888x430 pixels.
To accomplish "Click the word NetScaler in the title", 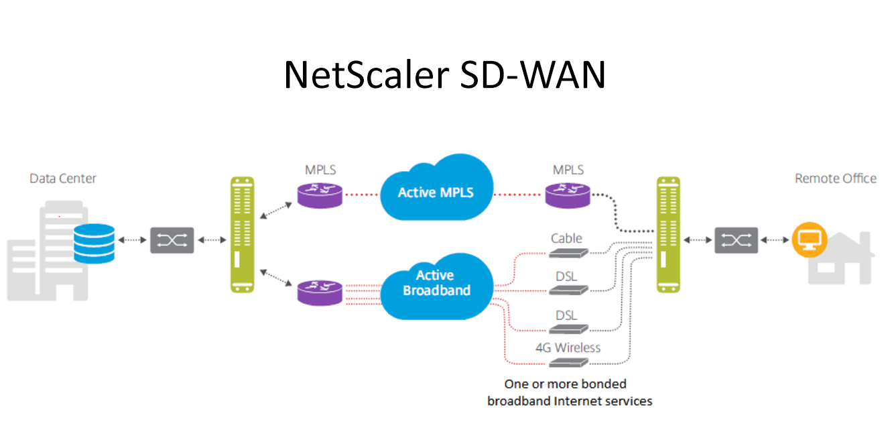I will (x=361, y=74).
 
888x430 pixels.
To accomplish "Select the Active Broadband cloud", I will (x=436, y=284).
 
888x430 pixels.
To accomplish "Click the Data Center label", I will (x=63, y=178).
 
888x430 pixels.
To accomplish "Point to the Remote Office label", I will (x=835, y=178).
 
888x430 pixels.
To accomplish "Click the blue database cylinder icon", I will (x=94, y=244).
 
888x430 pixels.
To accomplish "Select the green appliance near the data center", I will (x=243, y=234).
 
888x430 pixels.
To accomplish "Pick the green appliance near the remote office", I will (x=668, y=234).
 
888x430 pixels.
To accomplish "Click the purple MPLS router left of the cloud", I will (x=320, y=195).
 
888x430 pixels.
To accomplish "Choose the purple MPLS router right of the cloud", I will (x=568, y=195).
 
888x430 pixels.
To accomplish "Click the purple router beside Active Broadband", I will (x=320, y=292).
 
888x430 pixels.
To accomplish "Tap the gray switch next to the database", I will (x=172, y=239).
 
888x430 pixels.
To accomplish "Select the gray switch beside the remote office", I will (x=736, y=239).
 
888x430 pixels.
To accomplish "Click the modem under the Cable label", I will (x=567, y=253).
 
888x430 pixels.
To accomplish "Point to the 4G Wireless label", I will (x=568, y=347).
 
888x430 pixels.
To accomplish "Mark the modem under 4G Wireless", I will (x=567, y=362).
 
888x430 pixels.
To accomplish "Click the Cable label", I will (x=566, y=238).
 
